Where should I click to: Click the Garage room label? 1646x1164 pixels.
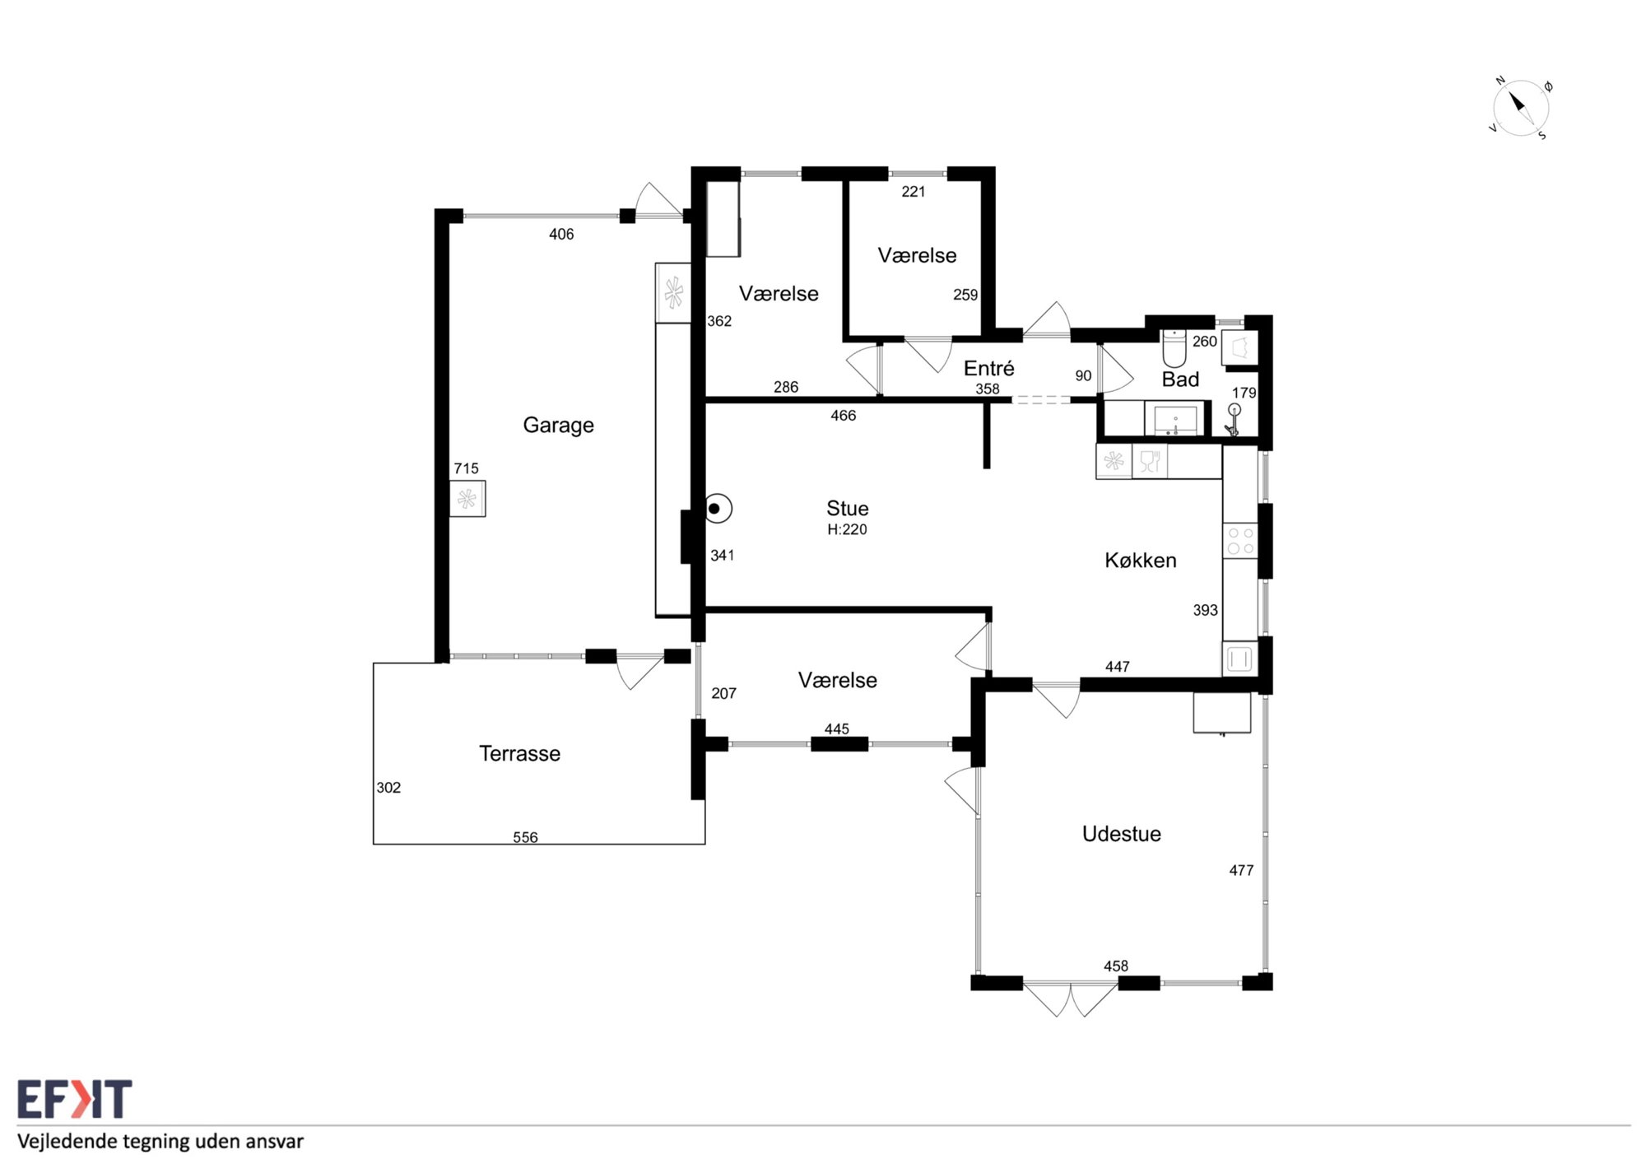point(558,426)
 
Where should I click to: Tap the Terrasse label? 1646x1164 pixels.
point(519,753)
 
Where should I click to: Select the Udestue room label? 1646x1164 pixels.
point(1121,834)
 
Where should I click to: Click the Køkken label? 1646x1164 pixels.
point(1140,561)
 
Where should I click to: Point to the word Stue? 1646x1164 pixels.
point(847,508)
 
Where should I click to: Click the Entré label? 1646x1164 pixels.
point(988,368)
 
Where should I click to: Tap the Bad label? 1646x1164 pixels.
point(1180,379)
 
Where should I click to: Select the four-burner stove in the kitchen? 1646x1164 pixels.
point(1240,541)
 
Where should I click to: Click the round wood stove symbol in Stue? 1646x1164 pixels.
point(718,509)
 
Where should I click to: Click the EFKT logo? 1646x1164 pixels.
point(74,1099)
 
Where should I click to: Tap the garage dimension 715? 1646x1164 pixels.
point(466,468)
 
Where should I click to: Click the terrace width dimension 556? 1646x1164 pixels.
point(525,837)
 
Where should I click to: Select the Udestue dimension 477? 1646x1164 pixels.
point(1241,870)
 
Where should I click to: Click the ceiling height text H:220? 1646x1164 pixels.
point(847,529)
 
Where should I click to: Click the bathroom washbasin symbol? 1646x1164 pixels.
point(1175,419)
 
